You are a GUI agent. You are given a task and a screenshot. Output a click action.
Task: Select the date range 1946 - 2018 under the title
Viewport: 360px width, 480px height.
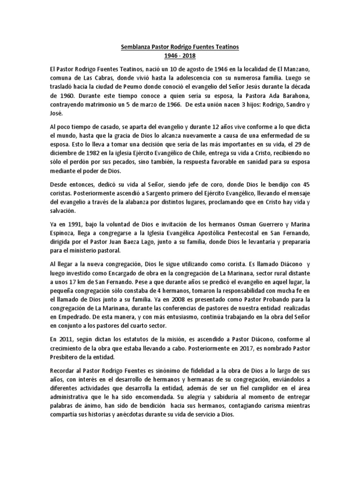180,56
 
